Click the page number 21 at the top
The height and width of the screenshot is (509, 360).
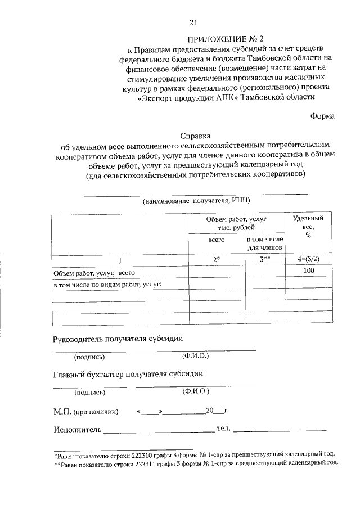point(193,22)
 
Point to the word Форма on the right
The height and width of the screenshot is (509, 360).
point(322,116)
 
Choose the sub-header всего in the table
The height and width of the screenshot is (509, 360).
point(216,240)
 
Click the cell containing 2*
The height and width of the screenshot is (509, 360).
point(216,260)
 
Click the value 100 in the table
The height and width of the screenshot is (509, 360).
point(308,271)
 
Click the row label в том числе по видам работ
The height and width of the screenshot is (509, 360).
point(107,284)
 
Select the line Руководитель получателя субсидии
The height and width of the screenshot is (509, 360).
point(118,339)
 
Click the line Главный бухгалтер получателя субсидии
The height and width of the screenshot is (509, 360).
point(128,373)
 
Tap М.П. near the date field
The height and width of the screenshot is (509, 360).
point(62,412)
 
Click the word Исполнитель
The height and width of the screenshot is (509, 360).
point(78,430)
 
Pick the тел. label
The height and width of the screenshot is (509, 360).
point(223,430)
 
